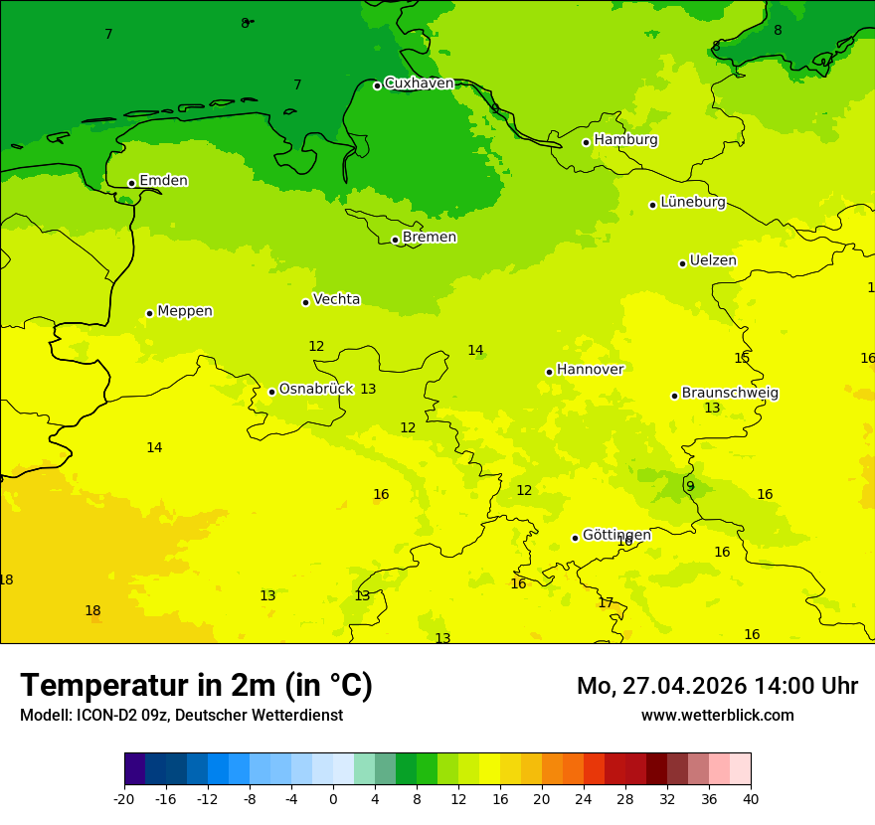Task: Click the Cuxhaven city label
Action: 419,83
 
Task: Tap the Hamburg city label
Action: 625,140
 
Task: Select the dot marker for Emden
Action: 131,183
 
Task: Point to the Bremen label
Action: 429,238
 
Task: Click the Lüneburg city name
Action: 692,203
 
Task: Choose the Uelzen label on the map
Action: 713,261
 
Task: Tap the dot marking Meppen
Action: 149,313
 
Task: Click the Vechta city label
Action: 336,299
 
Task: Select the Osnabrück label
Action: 315,390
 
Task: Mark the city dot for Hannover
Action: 549,372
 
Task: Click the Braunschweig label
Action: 729,394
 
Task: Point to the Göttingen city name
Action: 616,536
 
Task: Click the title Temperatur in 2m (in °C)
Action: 196,686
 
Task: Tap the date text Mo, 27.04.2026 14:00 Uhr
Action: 717,686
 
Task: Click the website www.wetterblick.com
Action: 717,716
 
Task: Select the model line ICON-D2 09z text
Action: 181,716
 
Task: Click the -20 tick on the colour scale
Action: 124,799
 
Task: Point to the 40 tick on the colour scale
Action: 751,799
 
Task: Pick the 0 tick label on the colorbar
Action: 333,799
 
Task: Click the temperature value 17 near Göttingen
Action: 606,603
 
